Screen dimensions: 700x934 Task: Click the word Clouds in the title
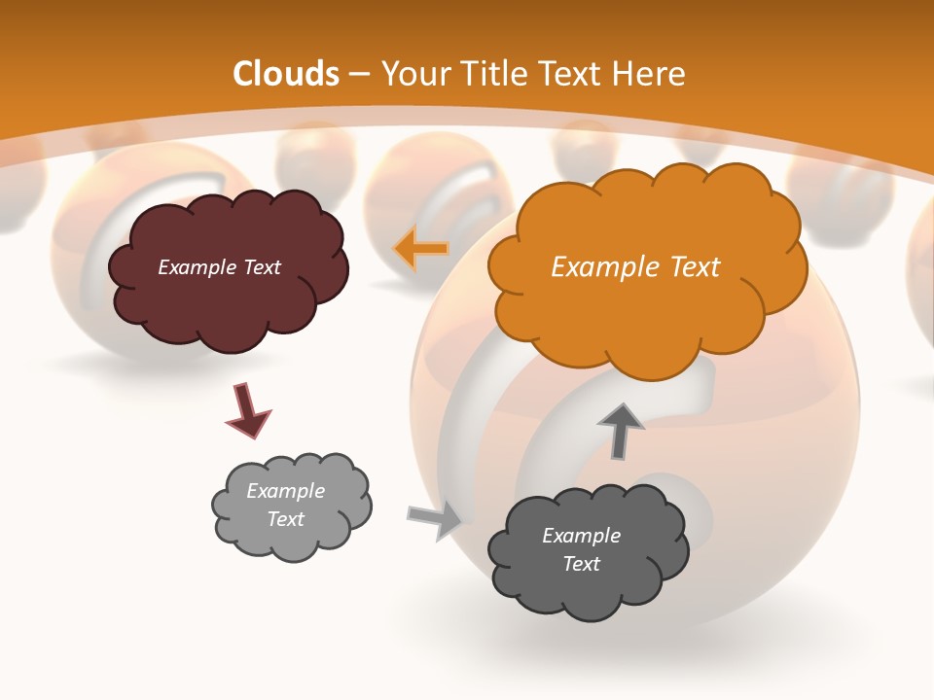click(286, 74)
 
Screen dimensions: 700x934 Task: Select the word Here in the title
click(652, 74)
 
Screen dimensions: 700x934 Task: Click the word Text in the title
click(574, 74)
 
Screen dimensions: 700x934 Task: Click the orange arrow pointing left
click(420, 249)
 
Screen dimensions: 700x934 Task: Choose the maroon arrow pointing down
click(247, 409)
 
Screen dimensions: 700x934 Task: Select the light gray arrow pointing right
click(435, 520)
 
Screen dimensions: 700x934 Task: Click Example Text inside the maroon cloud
click(219, 267)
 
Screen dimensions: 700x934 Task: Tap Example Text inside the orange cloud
click(635, 267)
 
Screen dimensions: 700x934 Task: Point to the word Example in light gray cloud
click(285, 491)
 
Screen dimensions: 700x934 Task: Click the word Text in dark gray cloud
click(581, 564)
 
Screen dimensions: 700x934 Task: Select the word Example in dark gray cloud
click(581, 536)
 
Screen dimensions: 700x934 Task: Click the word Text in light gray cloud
click(285, 519)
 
